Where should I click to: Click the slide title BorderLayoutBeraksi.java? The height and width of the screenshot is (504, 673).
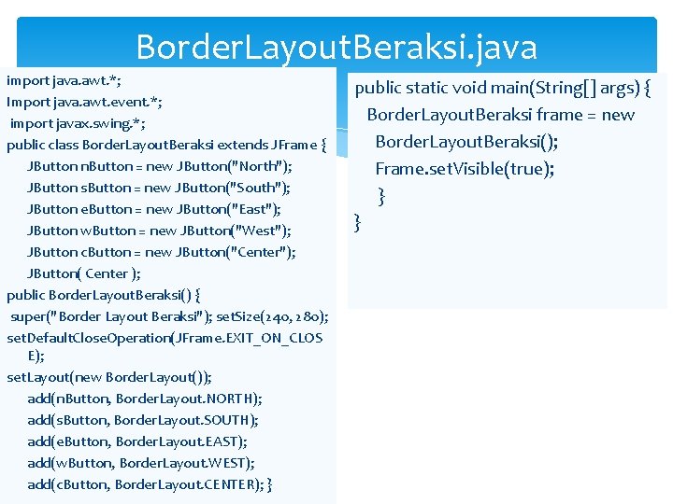[x=336, y=47]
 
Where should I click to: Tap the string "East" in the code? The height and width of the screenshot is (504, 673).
[x=256, y=209]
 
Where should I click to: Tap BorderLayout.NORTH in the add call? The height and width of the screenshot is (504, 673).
[x=189, y=399]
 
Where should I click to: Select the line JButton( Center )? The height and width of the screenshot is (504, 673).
[x=84, y=273]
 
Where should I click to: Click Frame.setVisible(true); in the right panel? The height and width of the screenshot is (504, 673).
[x=465, y=169]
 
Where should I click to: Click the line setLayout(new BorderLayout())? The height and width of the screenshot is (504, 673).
[x=109, y=377]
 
